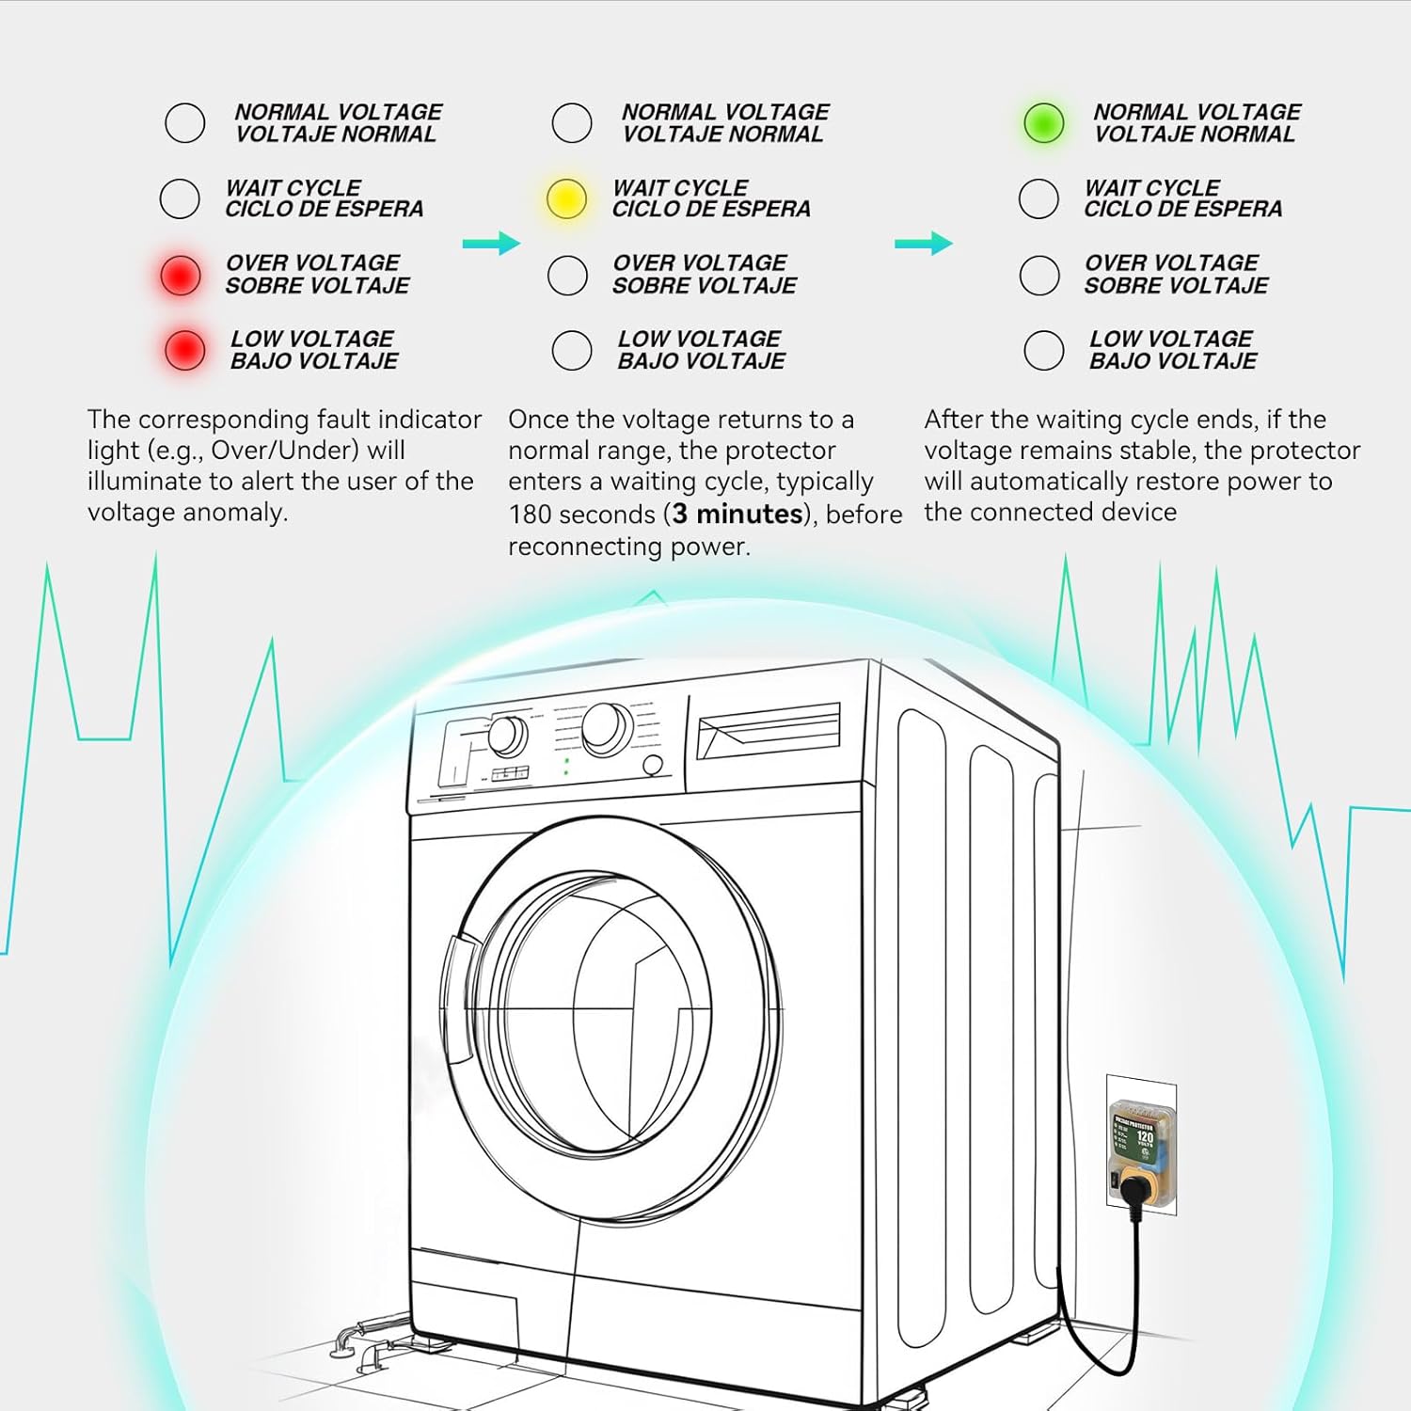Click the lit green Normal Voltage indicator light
pyautogui.click(x=1043, y=122)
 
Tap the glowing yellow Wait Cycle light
pyautogui.click(x=566, y=198)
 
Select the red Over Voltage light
pyautogui.click(x=180, y=275)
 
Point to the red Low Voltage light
pyautogui.click(x=184, y=350)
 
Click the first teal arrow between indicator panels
pyautogui.click(x=491, y=244)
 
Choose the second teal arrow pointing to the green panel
pyautogui.click(x=923, y=244)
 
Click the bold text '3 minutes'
pyautogui.click(x=737, y=514)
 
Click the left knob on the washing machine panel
pyautogui.click(x=508, y=737)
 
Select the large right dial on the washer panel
pyautogui.click(x=607, y=728)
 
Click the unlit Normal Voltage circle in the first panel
pyautogui.click(x=184, y=122)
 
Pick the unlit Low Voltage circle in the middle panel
pyautogui.click(x=572, y=350)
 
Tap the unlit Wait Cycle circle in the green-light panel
pyautogui.click(x=1038, y=198)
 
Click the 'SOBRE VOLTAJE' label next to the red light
pyautogui.click(x=318, y=285)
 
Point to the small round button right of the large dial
pyautogui.click(x=652, y=766)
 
